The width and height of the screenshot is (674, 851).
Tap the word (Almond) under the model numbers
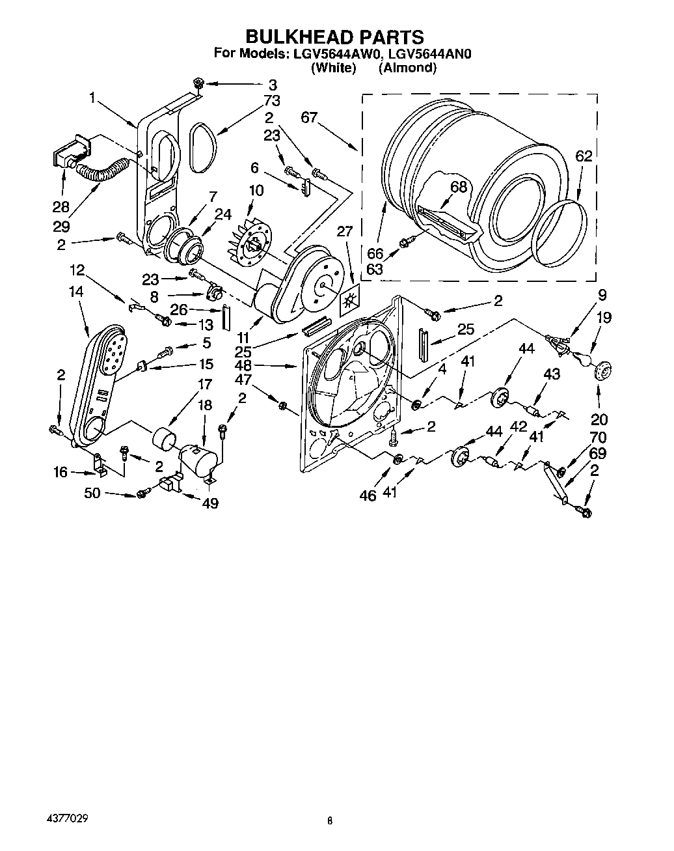pyautogui.click(x=407, y=68)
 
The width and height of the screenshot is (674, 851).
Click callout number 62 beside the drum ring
pyautogui.click(x=584, y=156)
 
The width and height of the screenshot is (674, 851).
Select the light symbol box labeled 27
pyautogui.click(x=349, y=300)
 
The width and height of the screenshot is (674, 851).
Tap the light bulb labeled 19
pyautogui.click(x=582, y=359)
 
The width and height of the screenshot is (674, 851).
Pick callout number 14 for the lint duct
pyautogui.click(x=76, y=292)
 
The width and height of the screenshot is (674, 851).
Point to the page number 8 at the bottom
pyautogui.click(x=330, y=822)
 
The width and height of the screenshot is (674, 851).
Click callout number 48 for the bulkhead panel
pyautogui.click(x=243, y=367)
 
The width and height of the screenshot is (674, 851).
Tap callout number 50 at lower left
pyautogui.click(x=92, y=493)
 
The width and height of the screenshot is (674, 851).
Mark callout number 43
pyautogui.click(x=551, y=375)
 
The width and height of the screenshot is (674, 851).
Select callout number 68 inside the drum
pyautogui.click(x=459, y=187)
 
